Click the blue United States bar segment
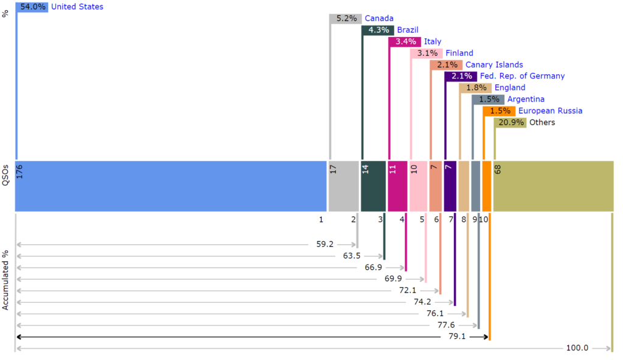tap(170, 186)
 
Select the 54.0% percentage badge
tap(32, 7)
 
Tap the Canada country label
tap(379, 18)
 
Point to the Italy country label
tap(433, 41)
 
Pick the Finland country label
tap(459, 53)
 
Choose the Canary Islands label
tap(494, 64)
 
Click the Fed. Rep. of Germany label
tap(522, 76)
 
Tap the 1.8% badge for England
tap(476, 88)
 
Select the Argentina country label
tap(526, 99)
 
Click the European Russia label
tap(550, 111)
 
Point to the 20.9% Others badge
tap(511, 122)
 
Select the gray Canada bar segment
tap(344, 186)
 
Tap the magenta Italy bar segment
tap(397, 186)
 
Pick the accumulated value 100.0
tap(577, 348)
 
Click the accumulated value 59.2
tap(325, 244)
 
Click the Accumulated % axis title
tap(5, 280)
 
